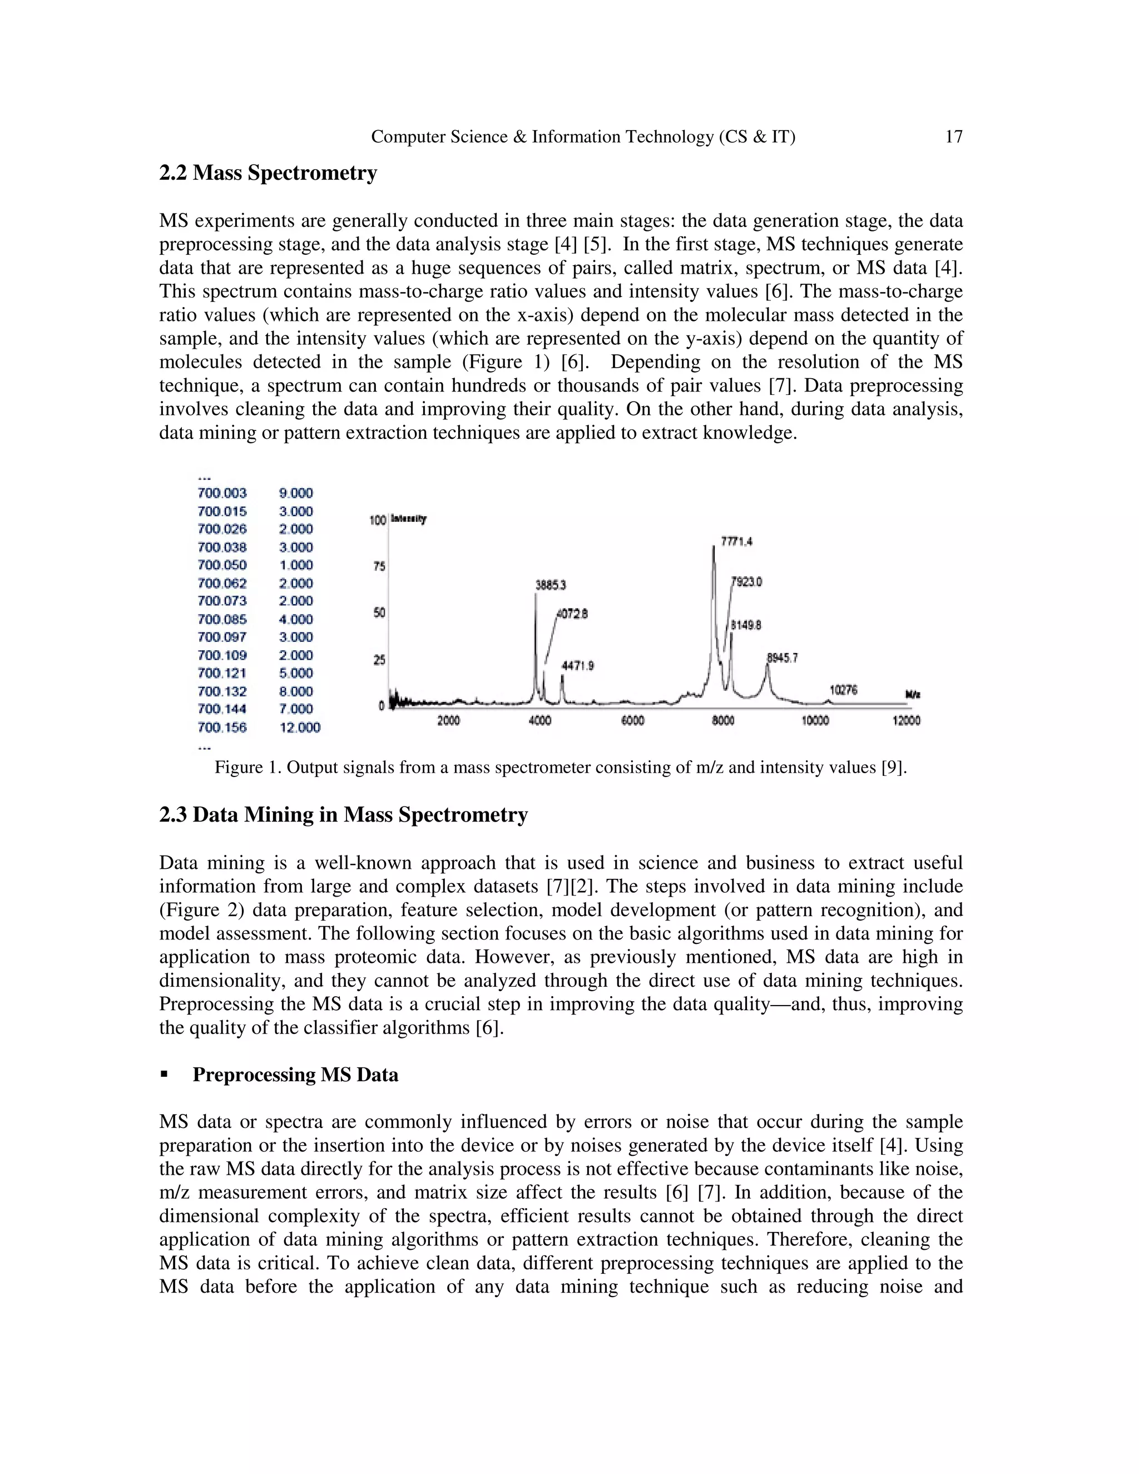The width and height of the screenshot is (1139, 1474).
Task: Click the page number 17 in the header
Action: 953,137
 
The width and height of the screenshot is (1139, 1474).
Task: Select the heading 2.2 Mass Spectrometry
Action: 268,174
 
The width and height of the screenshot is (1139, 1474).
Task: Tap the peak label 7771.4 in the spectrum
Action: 736,541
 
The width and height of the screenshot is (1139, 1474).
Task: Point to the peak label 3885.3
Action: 551,585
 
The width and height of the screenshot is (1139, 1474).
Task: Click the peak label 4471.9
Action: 578,666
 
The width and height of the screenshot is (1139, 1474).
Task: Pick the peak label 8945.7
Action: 782,657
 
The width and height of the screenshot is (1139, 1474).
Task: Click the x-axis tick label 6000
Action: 632,721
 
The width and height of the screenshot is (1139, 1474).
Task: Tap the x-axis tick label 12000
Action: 905,721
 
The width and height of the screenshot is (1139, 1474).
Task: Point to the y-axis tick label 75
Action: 379,566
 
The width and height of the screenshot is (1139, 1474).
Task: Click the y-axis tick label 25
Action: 379,660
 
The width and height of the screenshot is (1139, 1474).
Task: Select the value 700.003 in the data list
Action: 222,493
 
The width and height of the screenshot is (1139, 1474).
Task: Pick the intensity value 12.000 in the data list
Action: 300,728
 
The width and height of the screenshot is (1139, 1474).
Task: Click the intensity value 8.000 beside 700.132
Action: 296,691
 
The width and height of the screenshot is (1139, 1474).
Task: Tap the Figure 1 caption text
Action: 560,768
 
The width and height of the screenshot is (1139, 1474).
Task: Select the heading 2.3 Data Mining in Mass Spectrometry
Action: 344,815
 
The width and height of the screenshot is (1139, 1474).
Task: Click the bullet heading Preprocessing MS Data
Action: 295,1075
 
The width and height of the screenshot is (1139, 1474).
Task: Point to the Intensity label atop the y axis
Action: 408,519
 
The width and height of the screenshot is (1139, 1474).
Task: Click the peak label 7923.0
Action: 747,582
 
